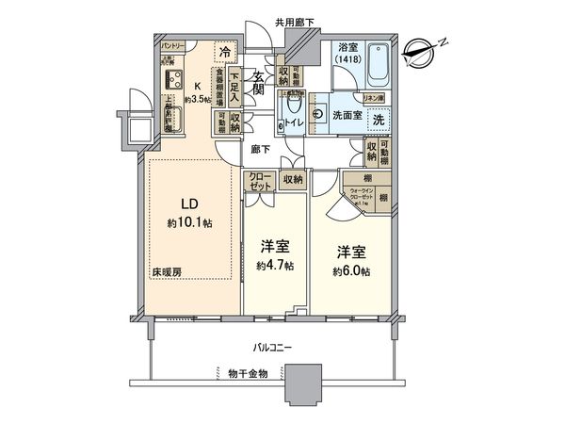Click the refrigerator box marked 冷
point(226,53)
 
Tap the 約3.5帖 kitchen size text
point(197,98)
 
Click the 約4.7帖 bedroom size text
point(274,267)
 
